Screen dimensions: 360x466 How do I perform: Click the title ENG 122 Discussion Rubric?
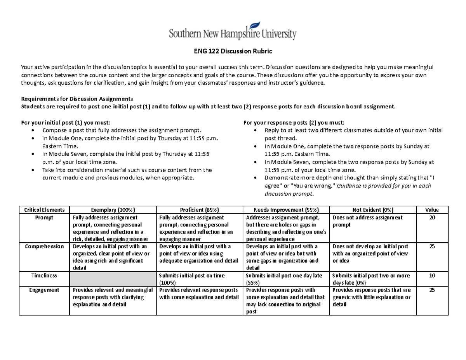(233, 51)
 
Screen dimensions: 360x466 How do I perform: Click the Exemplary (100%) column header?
(112, 210)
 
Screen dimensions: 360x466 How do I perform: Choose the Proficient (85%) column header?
(199, 210)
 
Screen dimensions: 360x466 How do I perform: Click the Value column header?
(432, 210)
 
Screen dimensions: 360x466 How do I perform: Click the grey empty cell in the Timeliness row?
(112, 279)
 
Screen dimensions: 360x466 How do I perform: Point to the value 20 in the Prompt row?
(432, 218)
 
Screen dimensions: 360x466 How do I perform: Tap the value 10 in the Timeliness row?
(432, 275)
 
